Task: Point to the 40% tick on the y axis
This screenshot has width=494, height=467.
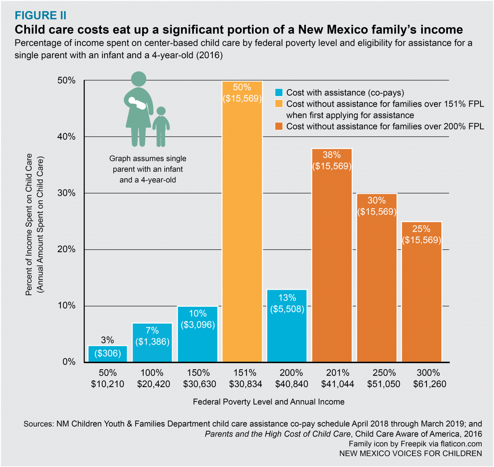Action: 66,137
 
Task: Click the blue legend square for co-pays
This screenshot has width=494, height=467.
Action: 279,93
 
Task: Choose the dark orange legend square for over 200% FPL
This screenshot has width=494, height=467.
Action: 279,127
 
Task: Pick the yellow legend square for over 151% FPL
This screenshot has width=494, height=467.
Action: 279,104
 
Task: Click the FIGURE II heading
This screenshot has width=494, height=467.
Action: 40,16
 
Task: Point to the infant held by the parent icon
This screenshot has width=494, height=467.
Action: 137,103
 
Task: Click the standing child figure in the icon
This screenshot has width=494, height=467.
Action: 161,126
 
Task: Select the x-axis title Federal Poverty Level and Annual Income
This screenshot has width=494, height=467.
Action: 268,402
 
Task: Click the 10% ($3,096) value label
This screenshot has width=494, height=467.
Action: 198,319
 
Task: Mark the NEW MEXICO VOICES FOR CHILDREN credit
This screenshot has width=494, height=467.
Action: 410,453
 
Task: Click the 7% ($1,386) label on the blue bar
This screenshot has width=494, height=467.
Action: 152,336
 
